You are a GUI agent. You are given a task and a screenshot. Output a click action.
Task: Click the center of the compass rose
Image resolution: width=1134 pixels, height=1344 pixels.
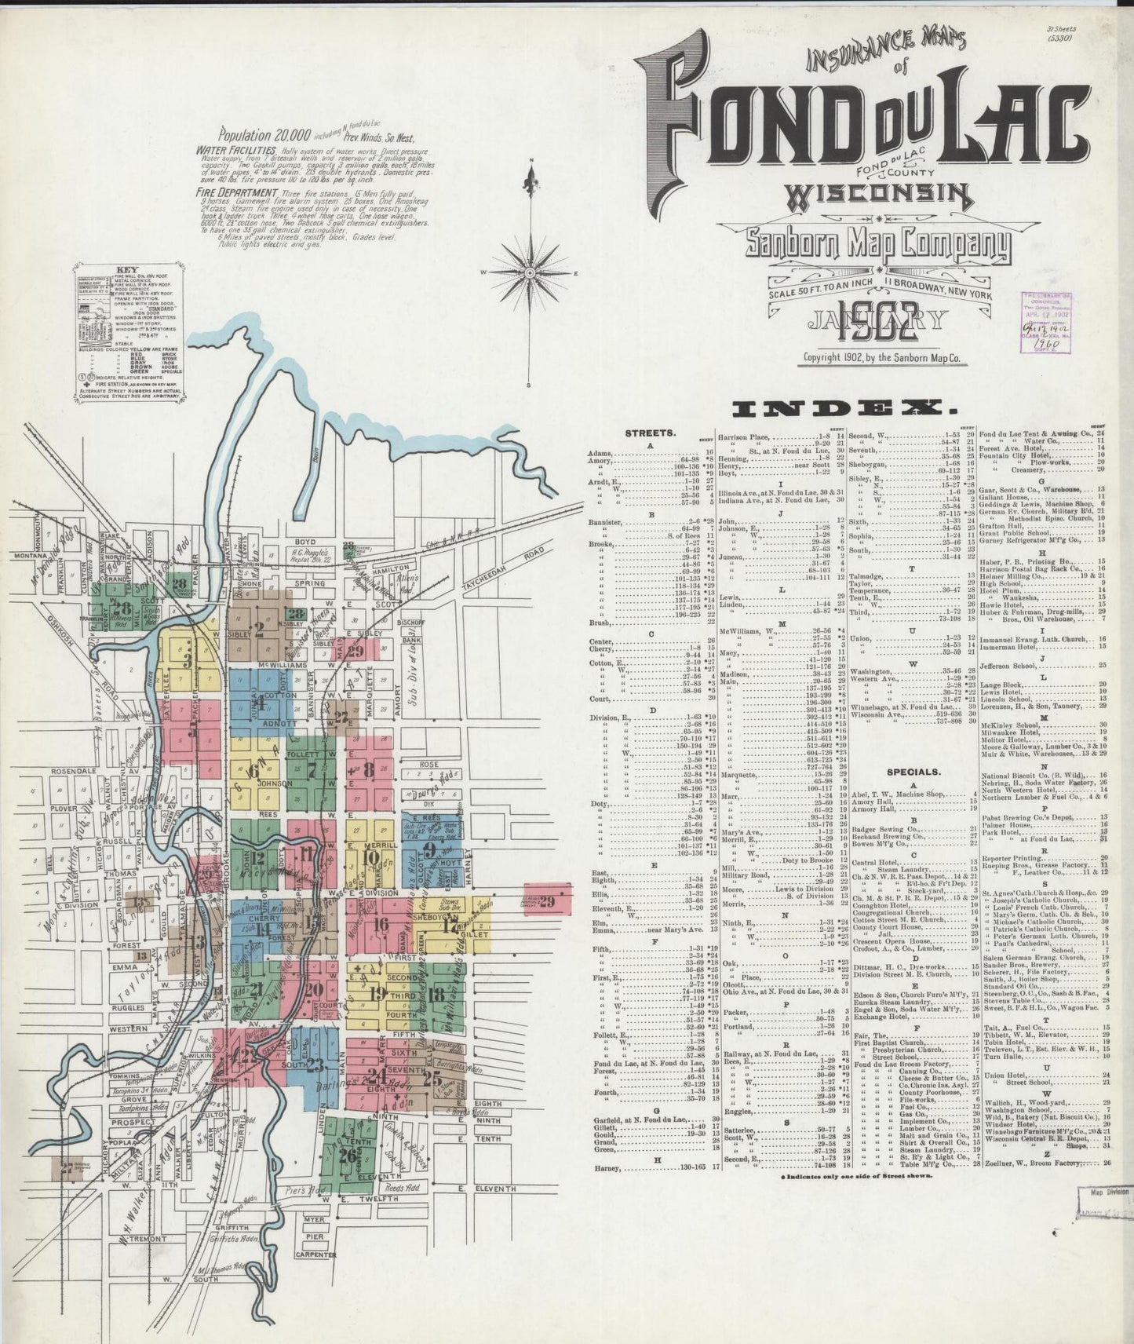pyautogui.click(x=533, y=272)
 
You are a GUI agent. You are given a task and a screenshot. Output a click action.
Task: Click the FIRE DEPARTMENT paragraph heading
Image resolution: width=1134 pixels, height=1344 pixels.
pyautogui.click(x=238, y=192)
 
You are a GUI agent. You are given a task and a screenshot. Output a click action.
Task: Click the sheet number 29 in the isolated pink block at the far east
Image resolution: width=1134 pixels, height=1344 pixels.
pyautogui.click(x=547, y=901)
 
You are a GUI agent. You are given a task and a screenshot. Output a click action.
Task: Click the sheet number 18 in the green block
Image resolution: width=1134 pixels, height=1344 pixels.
pyautogui.click(x=438, y=995)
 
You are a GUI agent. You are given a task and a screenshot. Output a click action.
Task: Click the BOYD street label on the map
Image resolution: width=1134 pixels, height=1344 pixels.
pyautogui.click(x=304, y=542)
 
